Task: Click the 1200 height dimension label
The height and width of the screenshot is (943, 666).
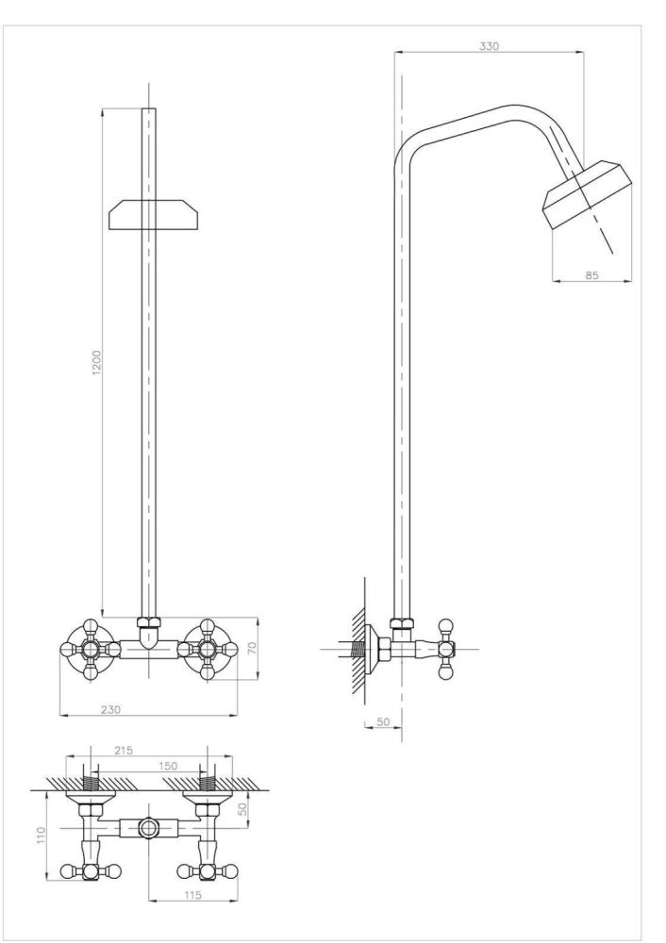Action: click(97, 362)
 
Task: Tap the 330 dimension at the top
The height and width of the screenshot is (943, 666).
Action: click(489, 45)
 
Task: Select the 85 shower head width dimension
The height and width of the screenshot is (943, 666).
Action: click(592, 274)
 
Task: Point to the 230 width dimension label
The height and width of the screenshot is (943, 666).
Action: click(110, 709)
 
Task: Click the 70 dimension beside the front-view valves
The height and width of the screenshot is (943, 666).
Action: click(252, 648)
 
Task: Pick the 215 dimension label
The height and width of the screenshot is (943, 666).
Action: click(123, 750)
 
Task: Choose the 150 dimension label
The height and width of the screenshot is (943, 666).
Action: click(168, 766)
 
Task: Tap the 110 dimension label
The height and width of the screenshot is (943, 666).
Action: click(41, 835)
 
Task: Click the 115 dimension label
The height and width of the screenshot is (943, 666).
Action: click(191, 895)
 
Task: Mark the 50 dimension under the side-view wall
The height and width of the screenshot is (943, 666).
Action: click(383, 721)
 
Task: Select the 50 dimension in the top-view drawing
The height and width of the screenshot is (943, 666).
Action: click(242, 808)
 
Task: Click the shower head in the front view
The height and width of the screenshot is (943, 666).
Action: click(153, 215)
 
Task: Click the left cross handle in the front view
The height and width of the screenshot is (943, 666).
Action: click(91, 650)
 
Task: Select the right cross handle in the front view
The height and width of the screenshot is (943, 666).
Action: click(207, 650)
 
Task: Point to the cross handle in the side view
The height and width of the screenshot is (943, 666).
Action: click(445, 650)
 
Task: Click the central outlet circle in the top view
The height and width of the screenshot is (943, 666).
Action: click(147, 828)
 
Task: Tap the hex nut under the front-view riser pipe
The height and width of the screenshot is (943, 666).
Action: click(149, 623)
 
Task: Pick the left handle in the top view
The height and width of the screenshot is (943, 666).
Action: click(91, 870)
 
